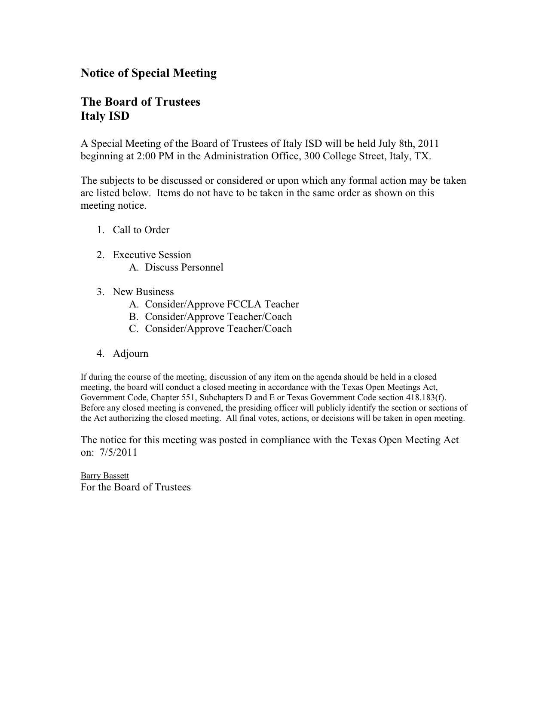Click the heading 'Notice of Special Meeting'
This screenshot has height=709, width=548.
pyautogui.click(x=148, y=73)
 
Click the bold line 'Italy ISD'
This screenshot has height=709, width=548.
pyautogui.click(x=105, y=116)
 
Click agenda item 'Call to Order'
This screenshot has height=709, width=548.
pyautogui.click(x=141, y=230)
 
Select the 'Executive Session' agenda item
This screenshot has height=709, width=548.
pyautogui.click(x=152, y=255)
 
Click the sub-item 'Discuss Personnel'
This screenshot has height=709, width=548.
pyautogui.click(x=184, y=268)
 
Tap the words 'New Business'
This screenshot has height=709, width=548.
pyautogui.click(x=143, y=292)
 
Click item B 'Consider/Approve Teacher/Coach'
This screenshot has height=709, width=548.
pyautogui.click(x=218, y=317)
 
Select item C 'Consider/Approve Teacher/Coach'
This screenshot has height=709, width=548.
pyautogui.click(x=218, y=329)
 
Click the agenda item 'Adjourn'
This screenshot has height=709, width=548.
pyautogui.click(x=130, y=354)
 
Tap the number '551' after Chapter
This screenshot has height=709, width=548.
pyautogui.click(x=188, y=398)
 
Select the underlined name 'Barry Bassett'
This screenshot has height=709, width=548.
pyautogui.click(x=105, y=476)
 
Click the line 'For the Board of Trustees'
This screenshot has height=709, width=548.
pyautogui.click(x=135, y=487)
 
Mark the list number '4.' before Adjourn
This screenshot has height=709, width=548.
pyautogui.click(x=101, y=354)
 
